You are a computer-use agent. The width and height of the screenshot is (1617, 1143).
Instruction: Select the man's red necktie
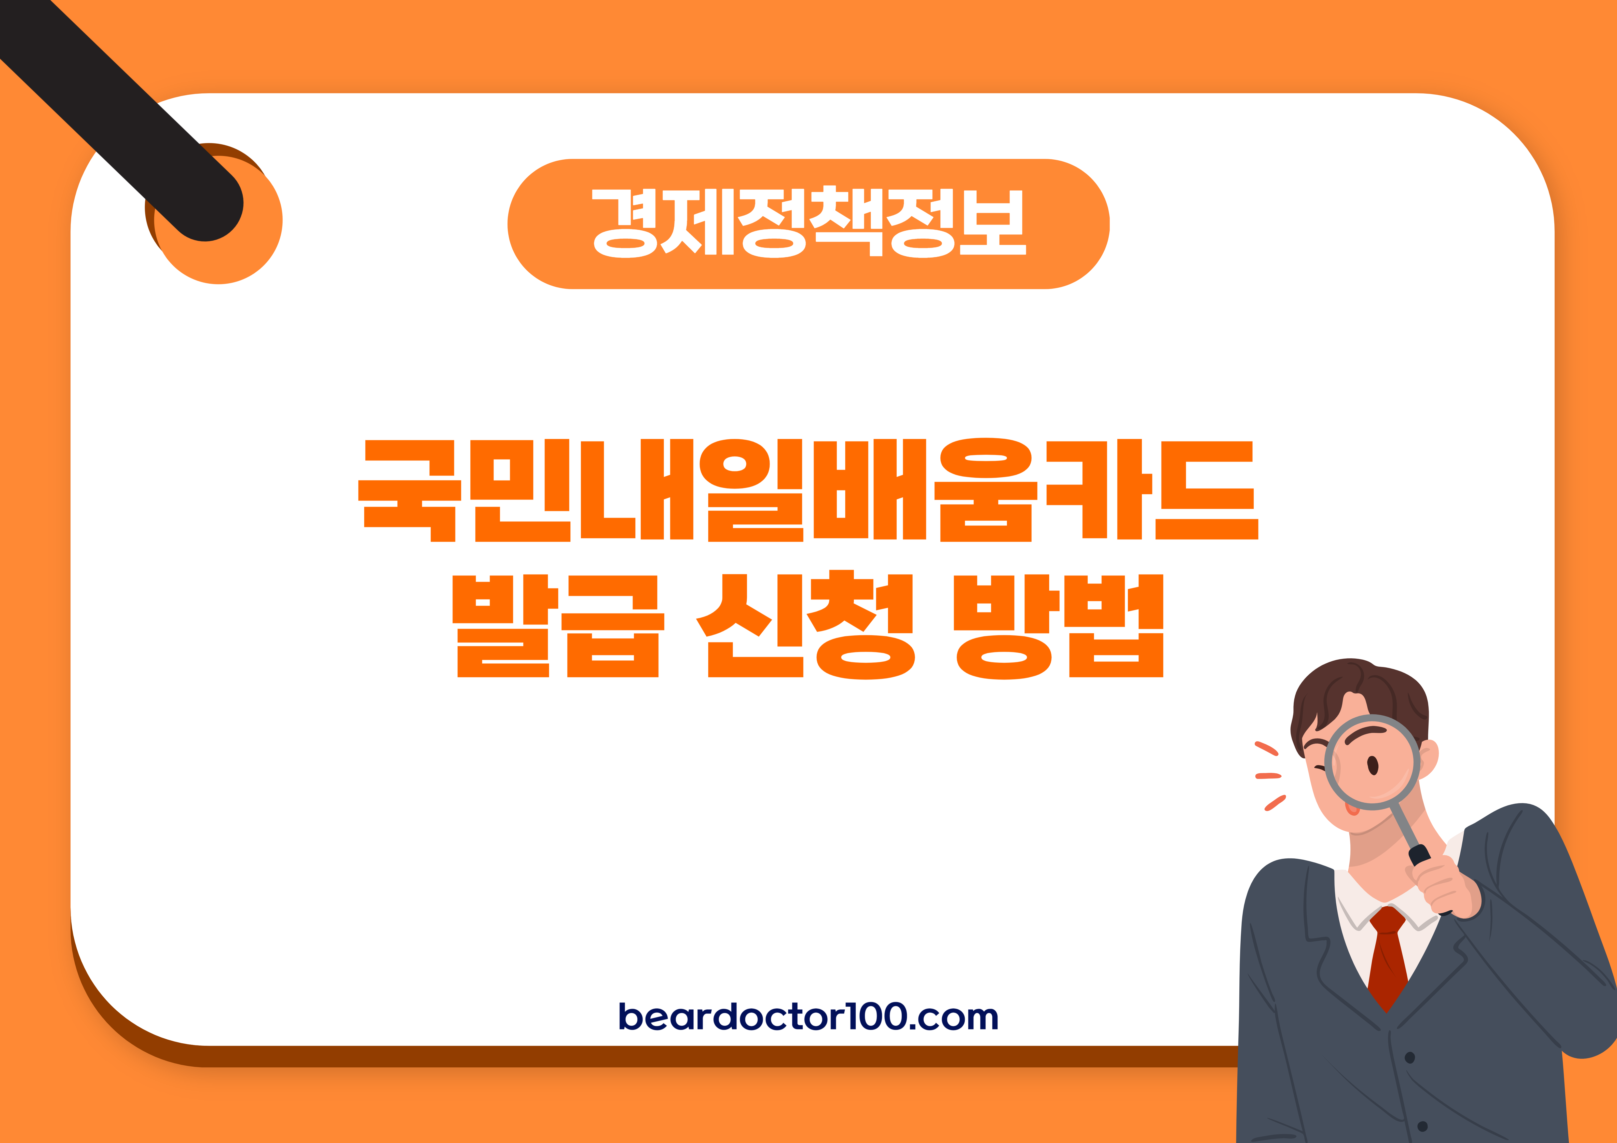[x=1387, y=958]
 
